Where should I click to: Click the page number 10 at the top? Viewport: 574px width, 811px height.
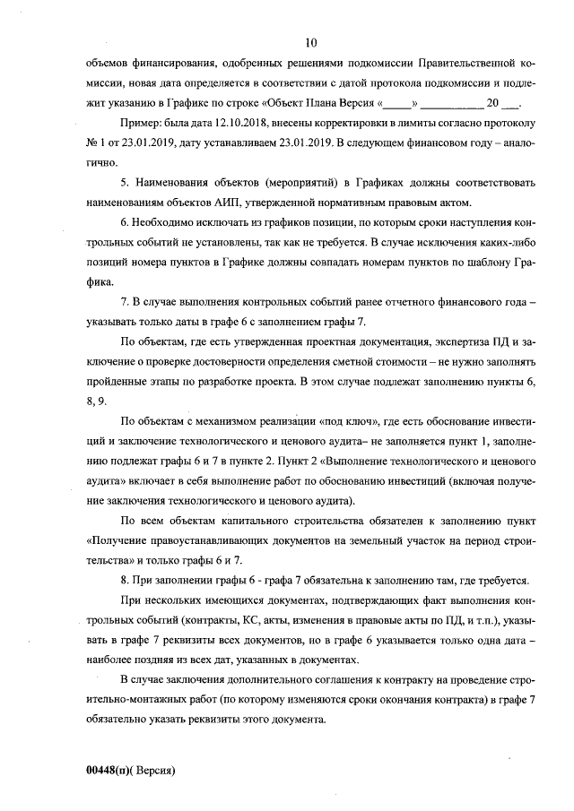point(311,42)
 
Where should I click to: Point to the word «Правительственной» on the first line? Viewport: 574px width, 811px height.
point(465,63)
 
